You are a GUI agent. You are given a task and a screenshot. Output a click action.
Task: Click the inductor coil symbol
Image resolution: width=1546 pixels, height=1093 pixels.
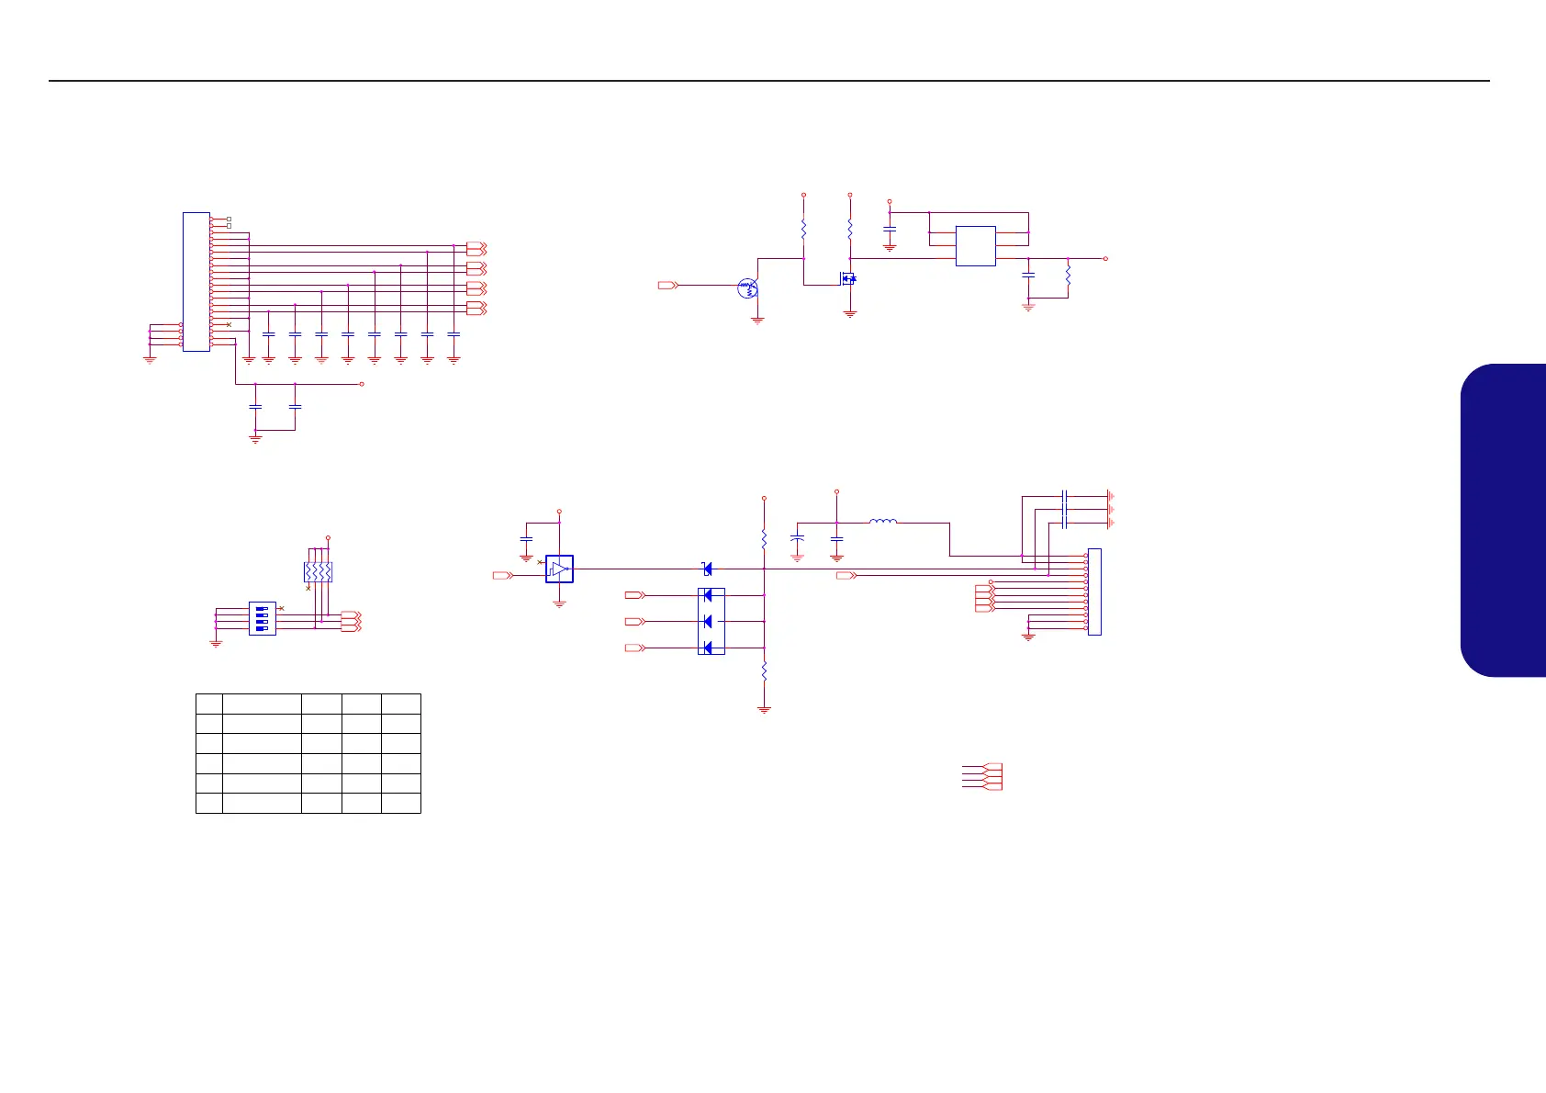click(882, 522)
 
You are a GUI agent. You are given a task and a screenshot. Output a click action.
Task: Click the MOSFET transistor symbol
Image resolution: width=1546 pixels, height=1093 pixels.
click(847, 277)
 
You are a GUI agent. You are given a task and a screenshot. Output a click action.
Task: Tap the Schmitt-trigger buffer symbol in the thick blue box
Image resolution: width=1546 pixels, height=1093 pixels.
click(559, 569)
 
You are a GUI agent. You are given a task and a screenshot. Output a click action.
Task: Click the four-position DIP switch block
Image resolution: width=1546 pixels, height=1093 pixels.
click(263, 618)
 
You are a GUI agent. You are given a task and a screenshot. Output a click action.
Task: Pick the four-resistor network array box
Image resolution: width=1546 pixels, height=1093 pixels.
click(318, 571)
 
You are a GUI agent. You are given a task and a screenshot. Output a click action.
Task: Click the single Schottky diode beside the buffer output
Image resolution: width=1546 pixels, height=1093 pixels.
click(706, 569)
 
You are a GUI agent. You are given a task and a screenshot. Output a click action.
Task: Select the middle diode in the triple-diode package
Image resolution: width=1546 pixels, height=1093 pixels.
click(708, 622)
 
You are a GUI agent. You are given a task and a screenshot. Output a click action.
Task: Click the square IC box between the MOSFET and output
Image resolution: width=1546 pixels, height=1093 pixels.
click(975, 245)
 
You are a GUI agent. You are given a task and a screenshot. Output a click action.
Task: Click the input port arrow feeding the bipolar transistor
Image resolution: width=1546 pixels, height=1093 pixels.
click(667, 286)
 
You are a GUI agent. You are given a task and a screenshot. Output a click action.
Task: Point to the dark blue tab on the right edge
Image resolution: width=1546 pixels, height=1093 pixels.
click(1505, 520)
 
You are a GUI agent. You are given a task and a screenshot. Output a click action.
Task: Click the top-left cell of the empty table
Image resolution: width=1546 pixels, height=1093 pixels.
click(209, 704)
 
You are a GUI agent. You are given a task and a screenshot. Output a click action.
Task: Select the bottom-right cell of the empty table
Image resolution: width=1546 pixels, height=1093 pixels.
click(401, 803)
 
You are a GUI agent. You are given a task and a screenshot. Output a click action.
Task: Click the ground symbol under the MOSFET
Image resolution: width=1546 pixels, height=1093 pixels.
click(850, 313)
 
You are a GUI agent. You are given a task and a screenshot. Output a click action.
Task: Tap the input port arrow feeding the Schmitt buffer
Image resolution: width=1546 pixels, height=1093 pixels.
click(502, 576)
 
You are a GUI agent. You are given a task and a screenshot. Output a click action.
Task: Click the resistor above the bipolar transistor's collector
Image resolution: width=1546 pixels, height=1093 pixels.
click(803, 227)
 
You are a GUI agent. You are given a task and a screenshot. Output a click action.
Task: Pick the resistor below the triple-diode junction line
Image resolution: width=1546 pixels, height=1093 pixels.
click(764, 672)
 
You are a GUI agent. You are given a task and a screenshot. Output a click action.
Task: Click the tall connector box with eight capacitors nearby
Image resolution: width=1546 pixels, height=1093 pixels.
click(196, 281)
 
